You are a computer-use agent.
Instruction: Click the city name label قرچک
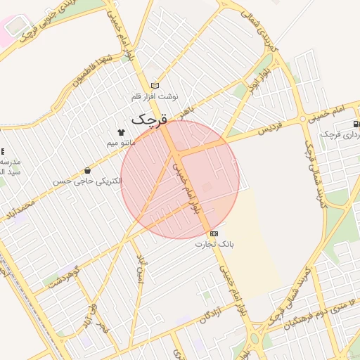(x=150, y=119)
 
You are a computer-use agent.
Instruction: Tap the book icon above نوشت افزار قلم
(x=155, y=86)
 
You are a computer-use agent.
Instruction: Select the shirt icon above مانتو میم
(x=121, y=132)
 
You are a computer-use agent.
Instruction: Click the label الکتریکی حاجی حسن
(x=87, y=181)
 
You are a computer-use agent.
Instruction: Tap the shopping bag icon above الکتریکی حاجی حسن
(x=87, y=171)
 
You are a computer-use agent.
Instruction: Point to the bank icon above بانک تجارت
(x=214, y=233)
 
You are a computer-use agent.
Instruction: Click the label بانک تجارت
(x=214, y=244)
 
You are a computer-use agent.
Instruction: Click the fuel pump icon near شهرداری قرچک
(x=356, y=124)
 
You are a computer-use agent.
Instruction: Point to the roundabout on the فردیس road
(x=309, y=117)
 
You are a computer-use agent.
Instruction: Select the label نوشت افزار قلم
(x=155, y=96)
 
